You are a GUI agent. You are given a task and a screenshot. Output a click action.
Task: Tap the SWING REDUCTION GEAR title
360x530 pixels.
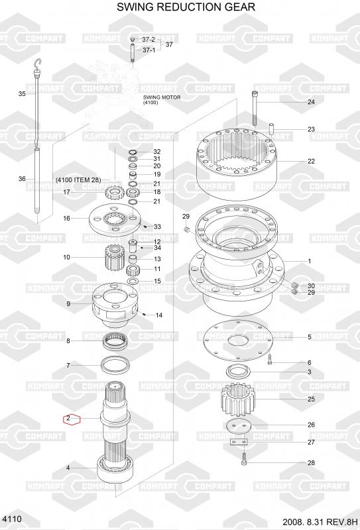pos(186,7)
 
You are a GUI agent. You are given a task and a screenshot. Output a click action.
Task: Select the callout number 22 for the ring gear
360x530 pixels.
pos(311,161)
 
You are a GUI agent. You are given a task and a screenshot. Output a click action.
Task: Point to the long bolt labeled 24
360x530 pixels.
pos(255,108)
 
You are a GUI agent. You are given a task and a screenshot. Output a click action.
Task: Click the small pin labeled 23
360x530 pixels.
pos(271,129)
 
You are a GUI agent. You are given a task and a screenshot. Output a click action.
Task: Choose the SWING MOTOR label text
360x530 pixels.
pos(162,99)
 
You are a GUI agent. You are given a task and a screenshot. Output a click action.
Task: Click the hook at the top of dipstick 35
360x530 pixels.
pos(38,63)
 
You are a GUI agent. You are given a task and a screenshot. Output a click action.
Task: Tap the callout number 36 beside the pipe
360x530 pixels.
pos(22,178)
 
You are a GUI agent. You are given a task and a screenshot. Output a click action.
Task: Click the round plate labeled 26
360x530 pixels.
pos(239,426)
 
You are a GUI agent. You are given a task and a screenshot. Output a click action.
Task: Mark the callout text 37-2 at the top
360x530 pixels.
pos(149,40)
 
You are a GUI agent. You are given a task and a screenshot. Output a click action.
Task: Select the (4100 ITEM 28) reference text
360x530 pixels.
pos(78,180)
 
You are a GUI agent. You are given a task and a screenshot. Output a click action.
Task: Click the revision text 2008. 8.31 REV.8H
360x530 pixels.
pos(320,521)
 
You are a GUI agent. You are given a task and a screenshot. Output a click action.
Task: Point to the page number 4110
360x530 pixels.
pos(12,519)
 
